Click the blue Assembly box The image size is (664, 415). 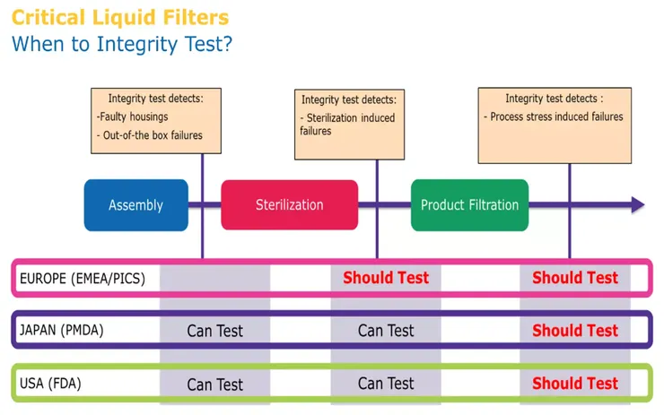tap(135, 205)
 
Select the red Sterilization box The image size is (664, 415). tap(289, 205)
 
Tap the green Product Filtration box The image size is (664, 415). tap(469, 205)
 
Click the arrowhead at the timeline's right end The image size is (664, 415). tap(637, 205)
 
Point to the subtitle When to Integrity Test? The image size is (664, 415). tap(121, 43)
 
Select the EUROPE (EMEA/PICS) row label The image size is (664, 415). tap(83, 279)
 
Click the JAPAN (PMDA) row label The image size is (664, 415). tap(62, 331)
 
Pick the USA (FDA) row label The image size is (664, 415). tap(53, 384)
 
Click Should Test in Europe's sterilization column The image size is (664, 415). tap(386, 278)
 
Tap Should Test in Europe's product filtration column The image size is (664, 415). tap(574, 278)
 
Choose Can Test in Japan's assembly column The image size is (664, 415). tap(214, 331)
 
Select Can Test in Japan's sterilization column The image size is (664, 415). tap(386, 331)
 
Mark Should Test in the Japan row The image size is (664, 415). tap(574, 331)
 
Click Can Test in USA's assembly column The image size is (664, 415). tap(214, 385)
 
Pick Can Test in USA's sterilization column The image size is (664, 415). tap(386, 384)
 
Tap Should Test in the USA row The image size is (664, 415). tap(574, 384)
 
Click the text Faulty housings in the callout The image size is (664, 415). tap(132, 117)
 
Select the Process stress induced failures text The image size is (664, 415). tap(554, 117)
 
